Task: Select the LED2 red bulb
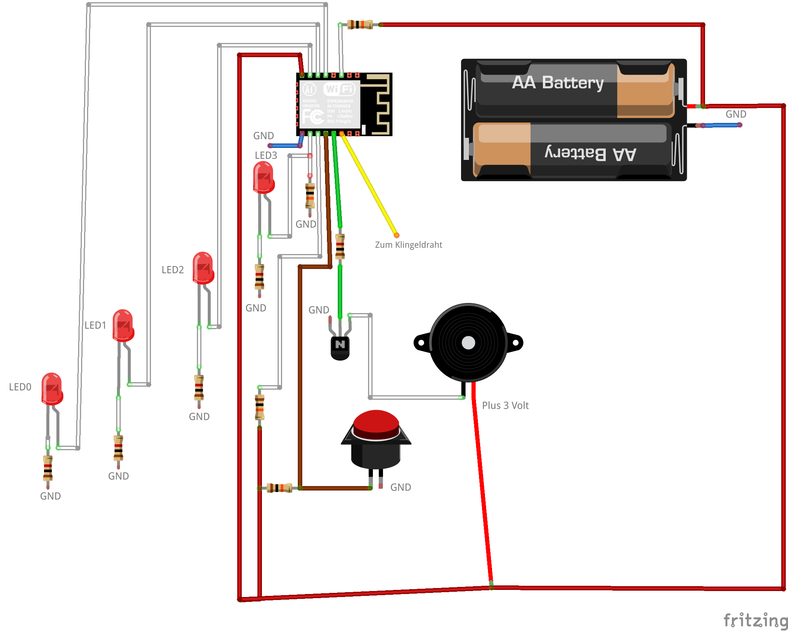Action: [x=203, y=267]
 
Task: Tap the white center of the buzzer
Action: [x=468, y=343]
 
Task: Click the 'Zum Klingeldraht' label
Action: [x=408, y=245]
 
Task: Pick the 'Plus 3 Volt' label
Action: [x=505, y=406]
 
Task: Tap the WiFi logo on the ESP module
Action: [x=339, y=89]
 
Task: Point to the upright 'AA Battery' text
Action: [x=557, y=83]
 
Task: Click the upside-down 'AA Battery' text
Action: [x=590, y=154]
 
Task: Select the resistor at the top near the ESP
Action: [x=360, y=25]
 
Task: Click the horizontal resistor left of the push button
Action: [x=279, y=488]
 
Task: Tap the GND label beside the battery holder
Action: [x=736, y=114]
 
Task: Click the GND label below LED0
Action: [x=50, y=496]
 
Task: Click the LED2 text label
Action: [x=173, y=270]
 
